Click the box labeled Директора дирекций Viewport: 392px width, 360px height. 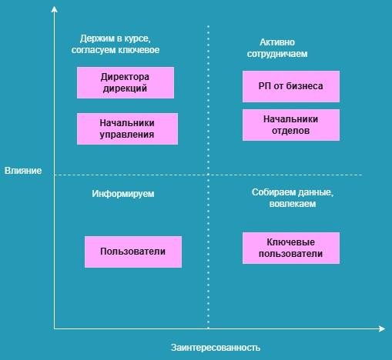coord(126,82)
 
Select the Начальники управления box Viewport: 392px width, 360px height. coord(127,128)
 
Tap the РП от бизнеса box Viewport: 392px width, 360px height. coord(291,86)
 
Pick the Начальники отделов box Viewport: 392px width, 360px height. coord(291,125)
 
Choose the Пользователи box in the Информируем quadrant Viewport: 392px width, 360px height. coord(133,252)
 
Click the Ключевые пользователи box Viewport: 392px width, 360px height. coord(291,248)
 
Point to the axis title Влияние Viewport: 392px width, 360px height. coord(23,171)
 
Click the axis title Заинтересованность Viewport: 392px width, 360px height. coord(216,348)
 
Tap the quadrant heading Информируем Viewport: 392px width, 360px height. coord(123,194)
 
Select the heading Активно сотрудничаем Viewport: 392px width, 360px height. coord(277,48)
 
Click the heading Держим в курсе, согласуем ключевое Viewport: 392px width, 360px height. coord(116,44)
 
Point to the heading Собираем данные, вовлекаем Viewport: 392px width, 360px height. coord(293,198)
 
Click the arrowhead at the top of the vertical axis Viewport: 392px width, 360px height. coord(54,8)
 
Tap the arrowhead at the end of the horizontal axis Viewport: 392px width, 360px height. coord(383,328)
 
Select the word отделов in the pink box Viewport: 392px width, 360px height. coord(290,131)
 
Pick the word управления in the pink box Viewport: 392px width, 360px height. coord(127,135)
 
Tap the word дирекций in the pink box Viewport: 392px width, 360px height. coord(125,88)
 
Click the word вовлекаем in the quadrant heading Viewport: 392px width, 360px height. coord(293,204)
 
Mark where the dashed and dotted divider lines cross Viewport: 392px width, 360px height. coord(208,175)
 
